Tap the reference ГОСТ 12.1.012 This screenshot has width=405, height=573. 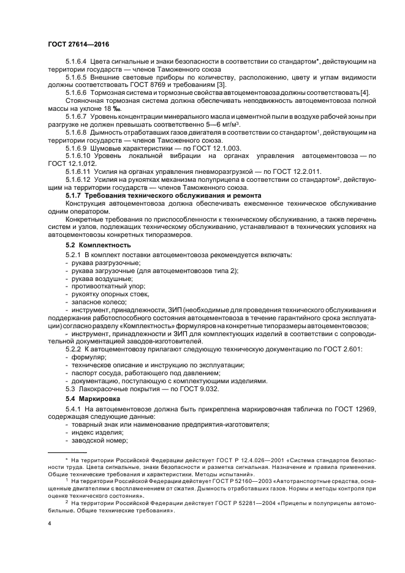pyautogui.click(x=71, y=163)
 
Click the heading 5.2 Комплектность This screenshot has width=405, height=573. pyautogui.click(x=97, y=244)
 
